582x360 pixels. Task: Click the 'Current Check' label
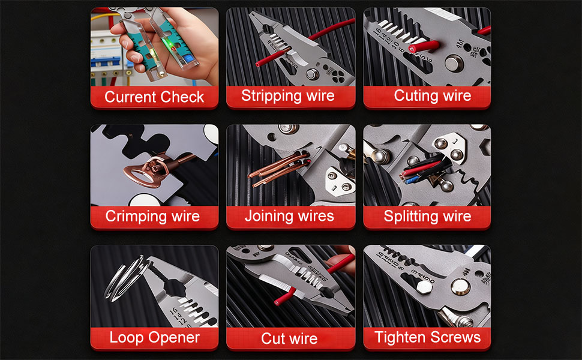pos(154,97)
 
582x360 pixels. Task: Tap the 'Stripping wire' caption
pos(288,95)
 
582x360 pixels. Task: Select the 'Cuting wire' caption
pos(433,95)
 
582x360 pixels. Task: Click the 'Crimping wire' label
pos(152,216)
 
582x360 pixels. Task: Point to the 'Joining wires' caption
pos(289,216)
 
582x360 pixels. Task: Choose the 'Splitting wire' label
pos(427,216)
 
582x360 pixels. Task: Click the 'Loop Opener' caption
pos(154,337)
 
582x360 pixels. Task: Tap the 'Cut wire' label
pos(289,338)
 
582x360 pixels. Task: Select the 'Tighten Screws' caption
pos(427,337)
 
